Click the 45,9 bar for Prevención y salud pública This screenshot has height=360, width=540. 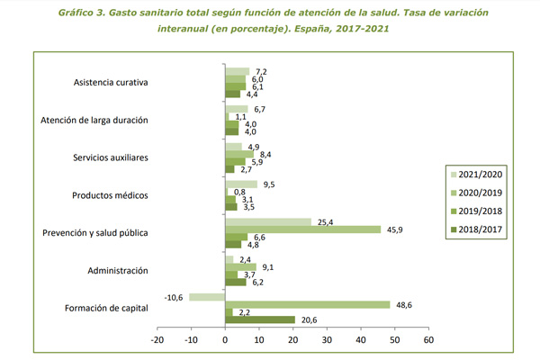(303, 229)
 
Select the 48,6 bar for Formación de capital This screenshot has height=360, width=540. (308, 305)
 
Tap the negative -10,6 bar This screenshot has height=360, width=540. (207, 297)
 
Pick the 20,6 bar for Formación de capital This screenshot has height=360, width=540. (260, 320)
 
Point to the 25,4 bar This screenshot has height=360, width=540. (268, 222)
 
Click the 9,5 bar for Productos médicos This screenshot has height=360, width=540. (241, 184)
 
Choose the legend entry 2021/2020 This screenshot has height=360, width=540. (477, 175)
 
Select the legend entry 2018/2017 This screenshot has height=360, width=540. (477, 229)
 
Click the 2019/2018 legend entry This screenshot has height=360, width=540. (477, 211)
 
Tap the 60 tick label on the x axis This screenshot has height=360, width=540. (428, 340)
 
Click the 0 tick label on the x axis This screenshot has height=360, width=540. (225, 340)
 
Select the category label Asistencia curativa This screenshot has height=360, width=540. (111, 82)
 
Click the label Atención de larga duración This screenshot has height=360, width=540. (94, 121)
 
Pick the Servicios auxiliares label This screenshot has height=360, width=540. (111, 157)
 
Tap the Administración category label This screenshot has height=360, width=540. (118, 271)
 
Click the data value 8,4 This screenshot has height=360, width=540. (265, 155)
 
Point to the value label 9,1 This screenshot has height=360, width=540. (268, 267)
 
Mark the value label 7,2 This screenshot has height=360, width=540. (261, 72)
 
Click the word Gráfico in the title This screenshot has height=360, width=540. (76, 13)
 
